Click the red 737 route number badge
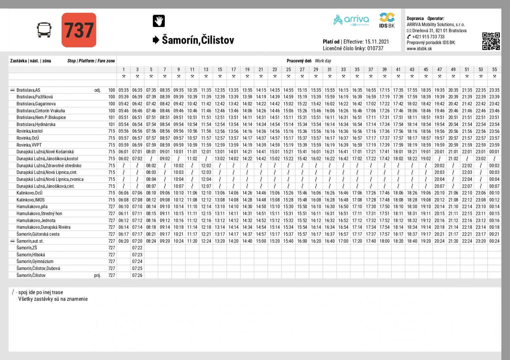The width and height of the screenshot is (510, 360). pos(79,30)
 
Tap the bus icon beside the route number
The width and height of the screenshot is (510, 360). pos(44,30)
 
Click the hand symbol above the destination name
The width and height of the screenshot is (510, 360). pos(159,21)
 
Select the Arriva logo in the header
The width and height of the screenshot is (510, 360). pos(351,20)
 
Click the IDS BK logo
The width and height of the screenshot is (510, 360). pos(387,20)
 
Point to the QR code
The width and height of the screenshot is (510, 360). pos(491,41)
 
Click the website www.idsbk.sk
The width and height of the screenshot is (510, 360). pos(419,49)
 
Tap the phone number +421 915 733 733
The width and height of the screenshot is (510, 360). pos(428,37)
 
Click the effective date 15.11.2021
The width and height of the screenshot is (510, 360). pos(377,42)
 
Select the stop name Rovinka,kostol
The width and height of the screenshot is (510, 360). pos(30,131)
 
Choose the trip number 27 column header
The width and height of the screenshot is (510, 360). pos(302,69)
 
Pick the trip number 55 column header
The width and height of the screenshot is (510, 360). pos(494,69)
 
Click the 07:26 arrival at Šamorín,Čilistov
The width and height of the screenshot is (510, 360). pos(137,275)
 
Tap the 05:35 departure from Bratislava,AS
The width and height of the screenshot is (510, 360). pos(123,90)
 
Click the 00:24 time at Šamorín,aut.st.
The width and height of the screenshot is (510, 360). pos(494,241)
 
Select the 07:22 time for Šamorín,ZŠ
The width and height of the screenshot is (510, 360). pos(137,248)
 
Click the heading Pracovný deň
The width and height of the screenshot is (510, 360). pos(299,61)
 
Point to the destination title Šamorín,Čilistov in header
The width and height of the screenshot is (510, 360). pos(198,40)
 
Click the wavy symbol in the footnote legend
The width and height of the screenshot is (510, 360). pos(13,292)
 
